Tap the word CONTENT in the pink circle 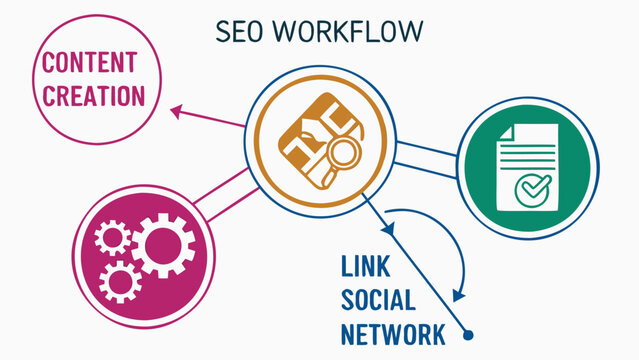88,62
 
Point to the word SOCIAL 379,300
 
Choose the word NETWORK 392,333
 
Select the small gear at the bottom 121,283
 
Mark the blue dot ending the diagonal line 467,336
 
